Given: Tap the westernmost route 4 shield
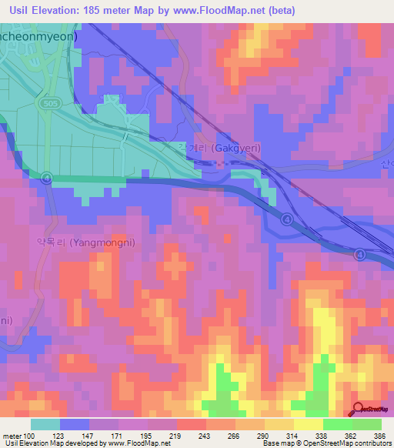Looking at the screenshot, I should (x=46, y=179).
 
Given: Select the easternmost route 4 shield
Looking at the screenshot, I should (x=359, y=255).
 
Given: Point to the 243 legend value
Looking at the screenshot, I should (x=205, y=436).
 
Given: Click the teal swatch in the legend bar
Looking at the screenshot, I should (x=45, y=424).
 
